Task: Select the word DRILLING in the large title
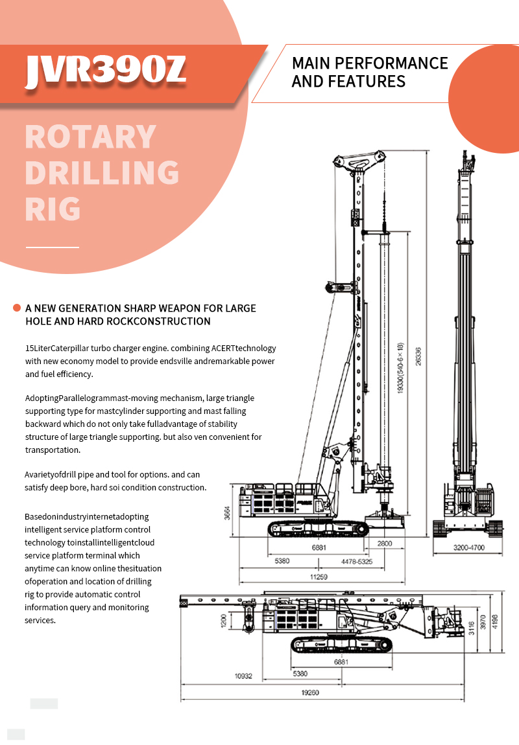pyautogui.click(x=102, y=173)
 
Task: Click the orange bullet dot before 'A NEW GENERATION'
pyautogui.click(x=17, y=308)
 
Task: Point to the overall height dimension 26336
pyautogui.click(x=419, y=357)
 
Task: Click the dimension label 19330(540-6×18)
pyautogui.click(x=401, y=368)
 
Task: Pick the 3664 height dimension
pyautogui.click(x=226, y=512)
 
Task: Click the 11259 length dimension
pyautogui.click(x=319, y=577)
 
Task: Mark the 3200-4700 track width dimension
pyautogui.click(x=469, y=548)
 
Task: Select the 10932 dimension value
pyautogui.click(x=243, y=676)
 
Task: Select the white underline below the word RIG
pyautogui.click(x=52, y=247)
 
